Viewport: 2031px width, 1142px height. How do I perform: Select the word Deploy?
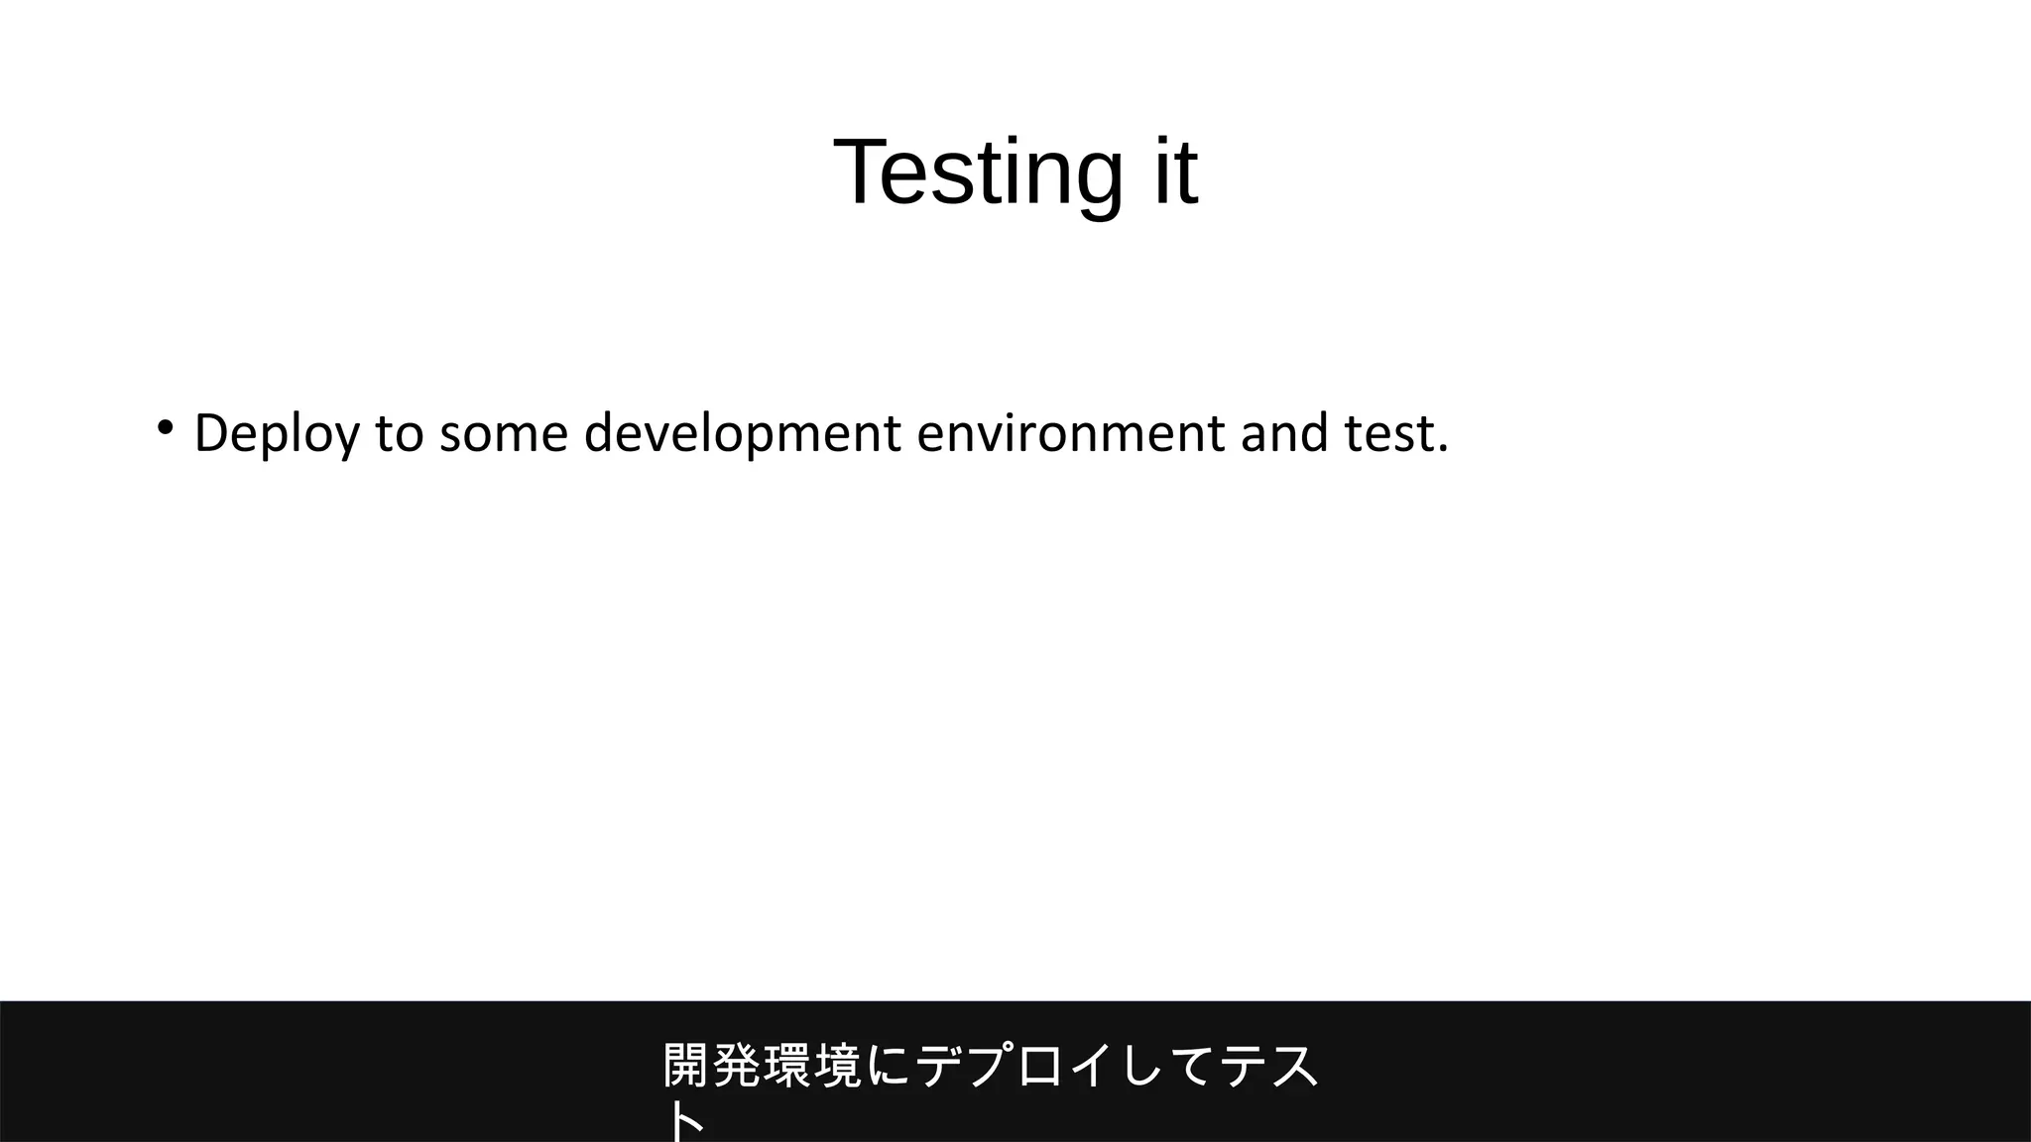[x=277, y=434]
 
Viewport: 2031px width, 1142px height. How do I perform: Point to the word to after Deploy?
[x=399, y=434]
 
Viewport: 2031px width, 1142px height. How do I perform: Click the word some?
[x=504, y=434]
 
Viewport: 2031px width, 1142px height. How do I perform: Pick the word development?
[x=743, y=434]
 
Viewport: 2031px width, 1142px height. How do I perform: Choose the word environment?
[x=1071, y=434]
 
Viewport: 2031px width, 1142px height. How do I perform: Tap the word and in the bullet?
[x=1284, y=434]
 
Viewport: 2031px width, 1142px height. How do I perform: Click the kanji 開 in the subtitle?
[x=686, y=1067]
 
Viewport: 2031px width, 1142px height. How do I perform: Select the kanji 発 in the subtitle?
[x=737, y=1067]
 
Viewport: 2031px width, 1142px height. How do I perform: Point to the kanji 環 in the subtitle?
[x=787, y=1067]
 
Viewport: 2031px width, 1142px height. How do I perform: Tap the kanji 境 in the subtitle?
[x=838, y=1067]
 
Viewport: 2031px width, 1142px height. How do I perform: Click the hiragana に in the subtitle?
[x=889, y=1067]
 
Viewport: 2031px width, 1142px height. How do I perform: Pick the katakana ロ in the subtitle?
[x=1040, y=1067]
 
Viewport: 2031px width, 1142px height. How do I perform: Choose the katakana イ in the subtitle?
[x=1091, y=1067]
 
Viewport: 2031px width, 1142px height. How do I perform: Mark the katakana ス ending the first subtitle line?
[x=1293, y=1067]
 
